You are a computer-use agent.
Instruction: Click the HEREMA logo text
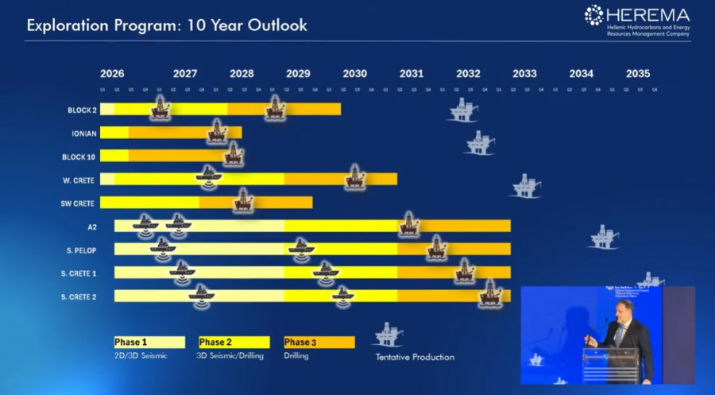[647, 14]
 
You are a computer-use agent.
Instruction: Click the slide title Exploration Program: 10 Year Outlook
[167, 25]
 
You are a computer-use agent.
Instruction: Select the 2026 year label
[112, 74]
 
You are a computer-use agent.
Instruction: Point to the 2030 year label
[354, 74]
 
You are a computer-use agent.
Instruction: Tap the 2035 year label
[638, 74]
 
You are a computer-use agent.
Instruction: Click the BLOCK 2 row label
[82, 110]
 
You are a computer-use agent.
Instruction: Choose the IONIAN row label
[83, 134]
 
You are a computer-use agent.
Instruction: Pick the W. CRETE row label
[79, 180]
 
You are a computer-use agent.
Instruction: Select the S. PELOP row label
[81, 250]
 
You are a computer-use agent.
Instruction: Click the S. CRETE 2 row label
[79, 296]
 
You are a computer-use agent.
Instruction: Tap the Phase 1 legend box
[149, 343]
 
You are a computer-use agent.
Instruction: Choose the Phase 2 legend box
[234, 343]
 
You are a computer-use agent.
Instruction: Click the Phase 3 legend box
[319, 343]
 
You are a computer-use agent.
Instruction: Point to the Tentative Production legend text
[415, 357]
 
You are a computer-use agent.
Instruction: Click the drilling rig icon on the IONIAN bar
[217, 132]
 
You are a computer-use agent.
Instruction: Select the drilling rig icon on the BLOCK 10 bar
[234, 154]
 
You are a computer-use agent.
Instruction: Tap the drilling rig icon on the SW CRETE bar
[244, 201]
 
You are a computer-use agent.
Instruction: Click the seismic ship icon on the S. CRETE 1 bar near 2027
[182, 272]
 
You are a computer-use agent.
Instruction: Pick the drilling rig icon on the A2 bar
[408, 225]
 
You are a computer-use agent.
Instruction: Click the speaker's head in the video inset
[624, 309]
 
